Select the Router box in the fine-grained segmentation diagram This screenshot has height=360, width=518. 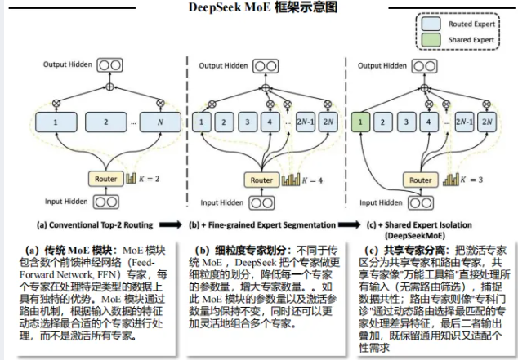click(262, 180)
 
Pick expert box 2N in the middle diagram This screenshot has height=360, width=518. click(328, 124)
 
